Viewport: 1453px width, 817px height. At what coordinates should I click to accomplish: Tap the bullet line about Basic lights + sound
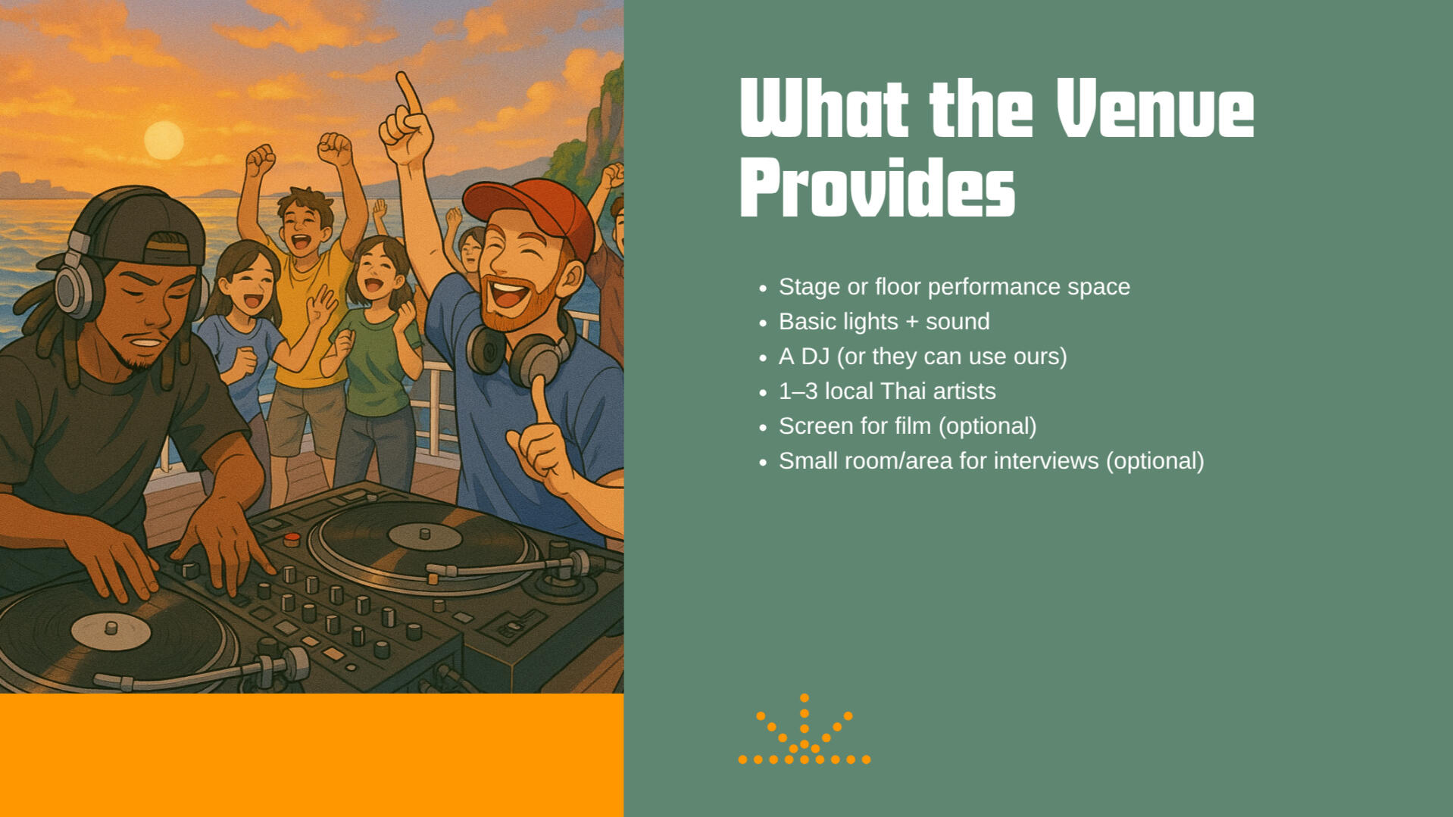[884, 322]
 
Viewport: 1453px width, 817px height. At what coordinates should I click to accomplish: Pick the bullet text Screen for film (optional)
[908, 426]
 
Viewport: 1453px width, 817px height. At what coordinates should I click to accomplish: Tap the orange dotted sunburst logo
[805, 729]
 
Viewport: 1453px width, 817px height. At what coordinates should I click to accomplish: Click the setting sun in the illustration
[164, 140]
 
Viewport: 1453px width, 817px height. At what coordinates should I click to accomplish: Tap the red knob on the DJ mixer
[292, 540]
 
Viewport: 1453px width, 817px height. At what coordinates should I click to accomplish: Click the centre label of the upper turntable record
[424, 536]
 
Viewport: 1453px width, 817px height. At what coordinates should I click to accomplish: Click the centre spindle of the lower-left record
[111, 628]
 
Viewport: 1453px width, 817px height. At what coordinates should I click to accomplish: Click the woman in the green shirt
[376, 356]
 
